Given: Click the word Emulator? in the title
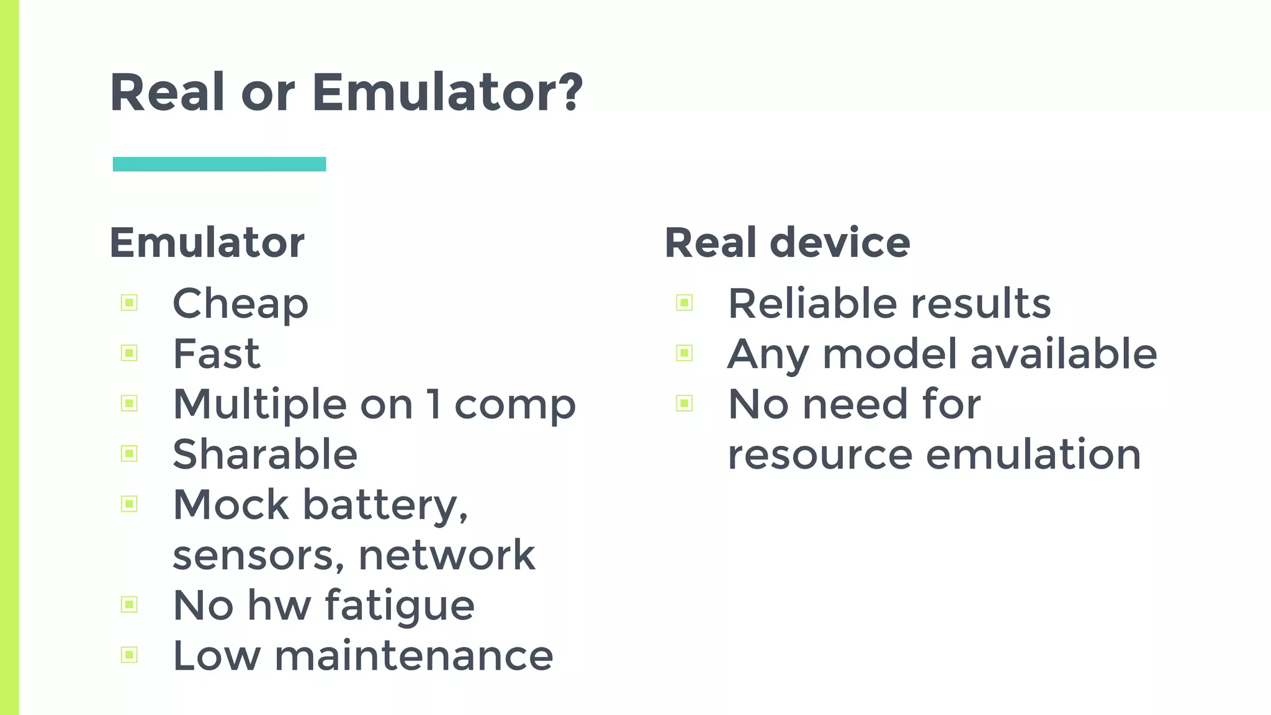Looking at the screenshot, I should point(447,93).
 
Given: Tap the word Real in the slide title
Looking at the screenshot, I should point(167,93).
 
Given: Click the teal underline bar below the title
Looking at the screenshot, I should point(219,164).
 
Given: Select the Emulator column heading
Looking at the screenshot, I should point(207,243).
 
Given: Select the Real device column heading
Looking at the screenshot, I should point(787,243).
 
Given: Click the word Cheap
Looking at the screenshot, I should point(240,304).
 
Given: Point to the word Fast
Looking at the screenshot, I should point(216,354).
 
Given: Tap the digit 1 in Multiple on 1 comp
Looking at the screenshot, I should point(434,404).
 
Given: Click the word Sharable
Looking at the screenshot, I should point(265,454).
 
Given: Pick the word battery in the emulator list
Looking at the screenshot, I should point(385,505).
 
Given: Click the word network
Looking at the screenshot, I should point(447,555).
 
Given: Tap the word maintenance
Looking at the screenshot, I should point(413,655).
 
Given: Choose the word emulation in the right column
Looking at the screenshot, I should point(1033,454).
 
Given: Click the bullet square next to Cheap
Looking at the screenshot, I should point(129,303).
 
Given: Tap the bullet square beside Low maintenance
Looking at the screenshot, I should point(129,655).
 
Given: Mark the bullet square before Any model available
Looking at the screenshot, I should point(685,353).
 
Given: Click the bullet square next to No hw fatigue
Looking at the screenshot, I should point(129,605).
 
